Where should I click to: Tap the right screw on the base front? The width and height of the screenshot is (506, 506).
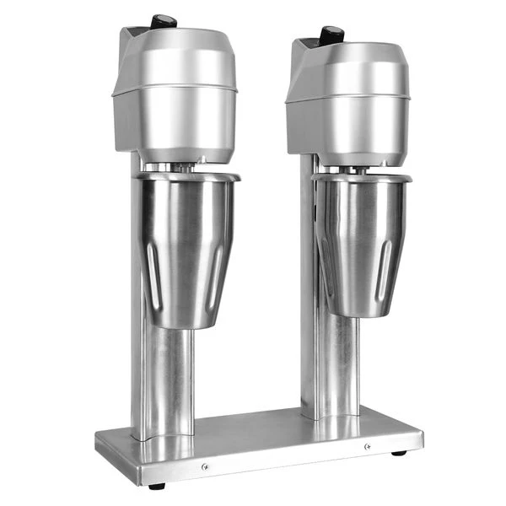click(367, 446)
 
